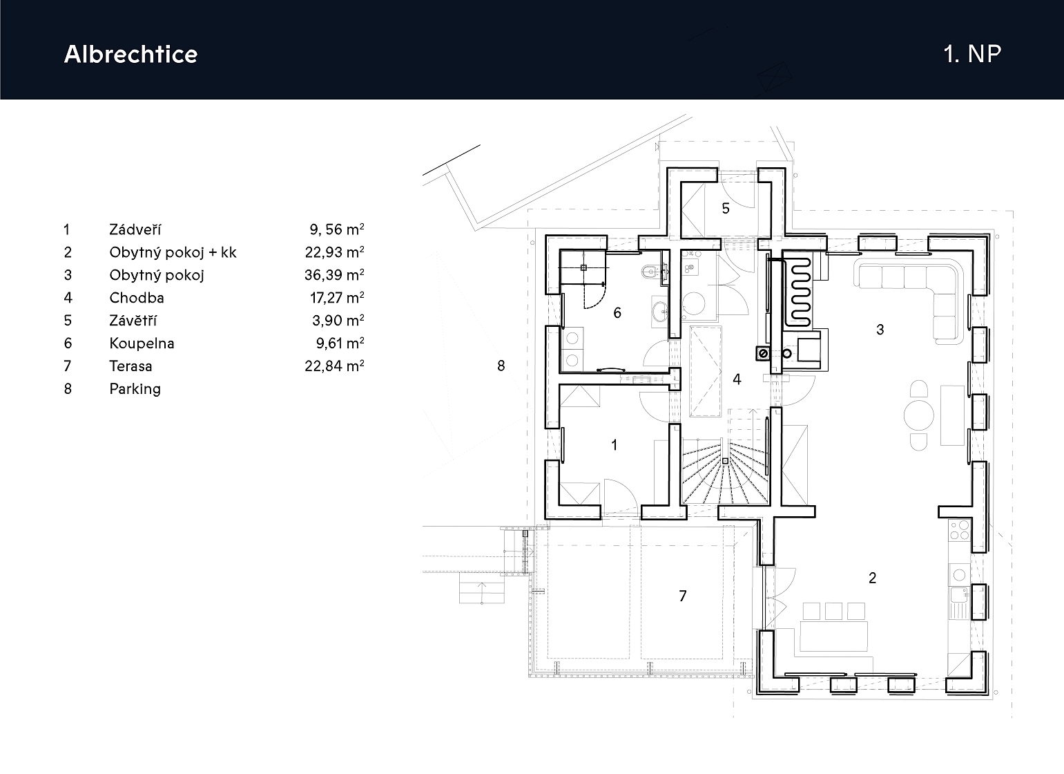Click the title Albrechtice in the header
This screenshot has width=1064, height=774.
(130, 54)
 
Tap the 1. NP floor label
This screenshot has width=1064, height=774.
(972, 54)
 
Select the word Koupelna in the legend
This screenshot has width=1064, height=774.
(142, 343)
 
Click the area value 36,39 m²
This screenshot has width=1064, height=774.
(334, 275)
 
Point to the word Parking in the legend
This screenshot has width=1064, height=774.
(135, 389)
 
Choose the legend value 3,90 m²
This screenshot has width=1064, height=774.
(338, 321)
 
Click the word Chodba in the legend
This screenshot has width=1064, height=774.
(137, 298)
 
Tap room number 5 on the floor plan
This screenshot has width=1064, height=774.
(725, 208)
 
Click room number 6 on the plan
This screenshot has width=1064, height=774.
(617, 313)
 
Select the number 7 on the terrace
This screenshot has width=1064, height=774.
(683, 596)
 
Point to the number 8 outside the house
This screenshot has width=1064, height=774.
(501, 366)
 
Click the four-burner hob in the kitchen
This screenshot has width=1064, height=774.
(959, 531)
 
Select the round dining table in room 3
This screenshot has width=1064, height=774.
(918, 415)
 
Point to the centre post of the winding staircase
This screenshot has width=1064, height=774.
(725, 461)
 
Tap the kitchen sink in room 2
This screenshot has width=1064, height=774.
(959, 602)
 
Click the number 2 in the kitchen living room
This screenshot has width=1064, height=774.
(872, 578)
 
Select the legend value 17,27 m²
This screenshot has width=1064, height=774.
(337, 298)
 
